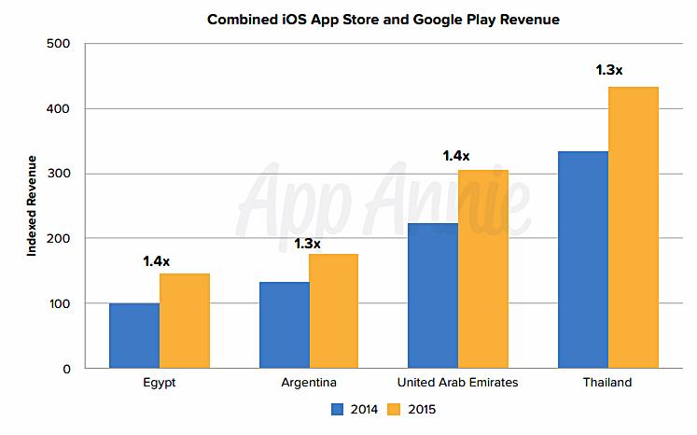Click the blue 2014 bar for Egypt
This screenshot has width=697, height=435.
134,336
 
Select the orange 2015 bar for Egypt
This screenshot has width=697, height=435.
185,321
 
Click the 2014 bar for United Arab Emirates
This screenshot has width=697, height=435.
433,296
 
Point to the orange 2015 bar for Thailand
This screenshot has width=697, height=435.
634,228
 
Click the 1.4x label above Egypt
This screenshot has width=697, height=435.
157,261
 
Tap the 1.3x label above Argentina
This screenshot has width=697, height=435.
306,245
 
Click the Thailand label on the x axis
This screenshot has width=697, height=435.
608,383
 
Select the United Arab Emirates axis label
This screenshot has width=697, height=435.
457,383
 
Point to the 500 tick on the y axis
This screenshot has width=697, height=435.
57,44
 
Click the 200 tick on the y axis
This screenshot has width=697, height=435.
57,239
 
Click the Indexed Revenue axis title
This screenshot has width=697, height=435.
31,206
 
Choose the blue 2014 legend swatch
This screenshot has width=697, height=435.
337,409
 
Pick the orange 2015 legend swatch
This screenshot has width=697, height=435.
393,409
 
